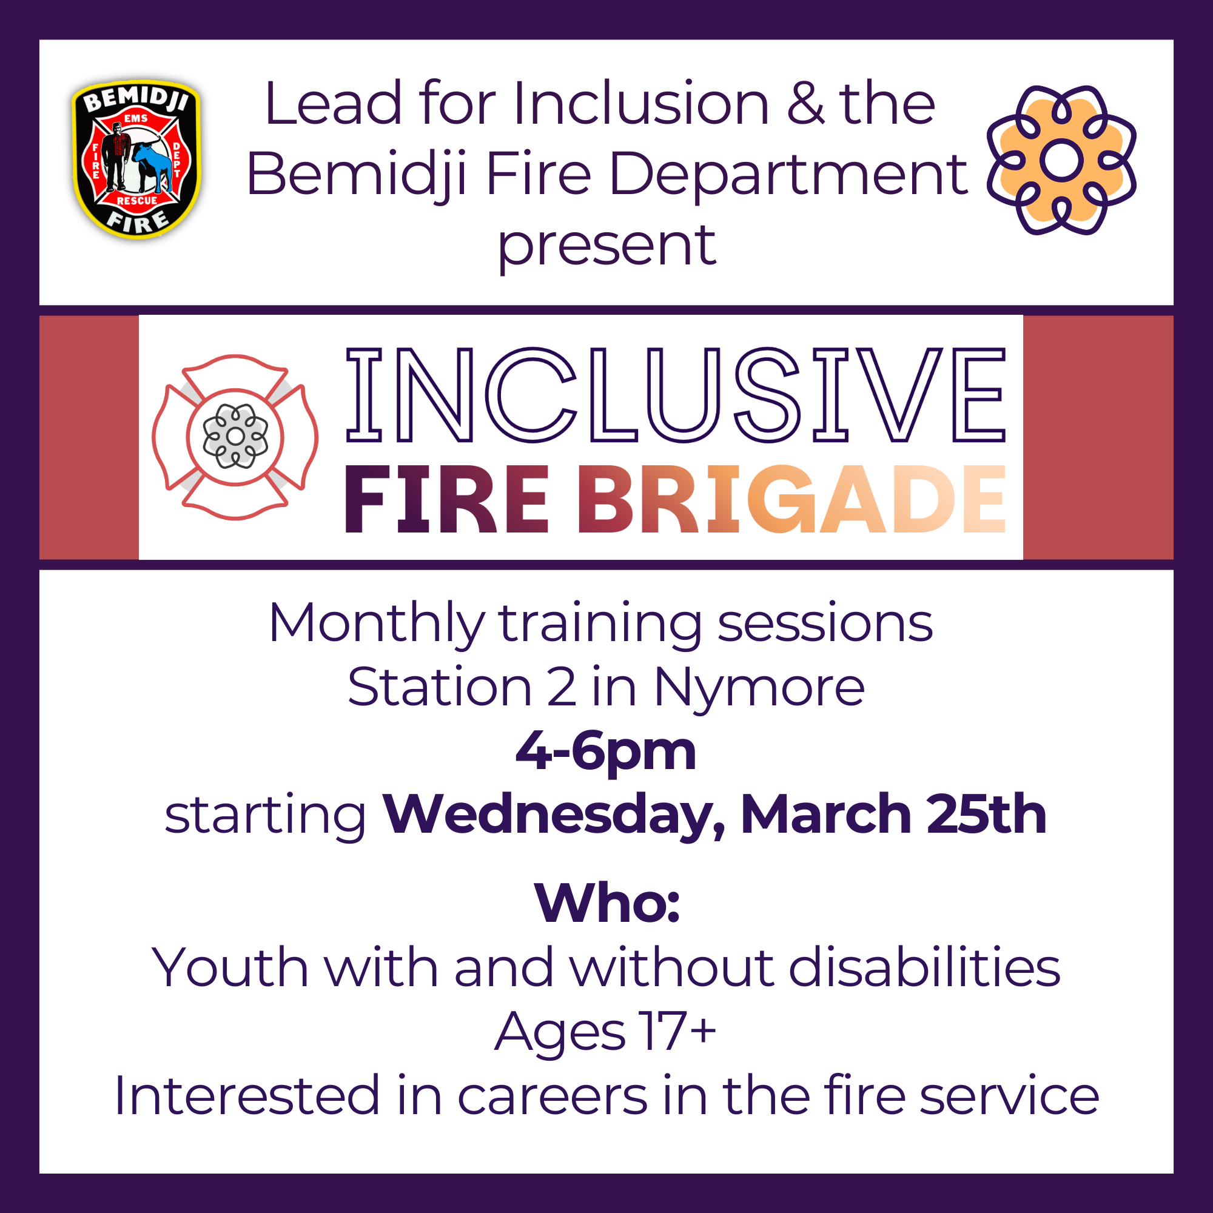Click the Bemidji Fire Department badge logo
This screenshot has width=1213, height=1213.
(x=136, y=159)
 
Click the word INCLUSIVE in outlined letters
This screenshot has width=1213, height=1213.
(x=676, y=395)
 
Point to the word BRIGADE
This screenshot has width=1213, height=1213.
(x=791, y=500)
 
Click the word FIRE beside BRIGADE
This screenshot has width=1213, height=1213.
(x=446, y=500)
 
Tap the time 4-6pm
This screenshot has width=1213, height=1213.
(x=606, y=751)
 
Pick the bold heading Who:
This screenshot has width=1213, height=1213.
(x=606, y=904)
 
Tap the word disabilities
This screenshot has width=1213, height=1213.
(x=925, y=967)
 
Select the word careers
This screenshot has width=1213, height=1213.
(x=552, y=1095)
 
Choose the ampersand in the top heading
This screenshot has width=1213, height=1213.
(x=805, y=104)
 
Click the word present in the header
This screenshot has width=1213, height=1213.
(x=606, y=246)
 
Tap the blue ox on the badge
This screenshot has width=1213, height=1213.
(x=153, y=164)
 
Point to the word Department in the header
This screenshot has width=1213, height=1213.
(x=789, y=175)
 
